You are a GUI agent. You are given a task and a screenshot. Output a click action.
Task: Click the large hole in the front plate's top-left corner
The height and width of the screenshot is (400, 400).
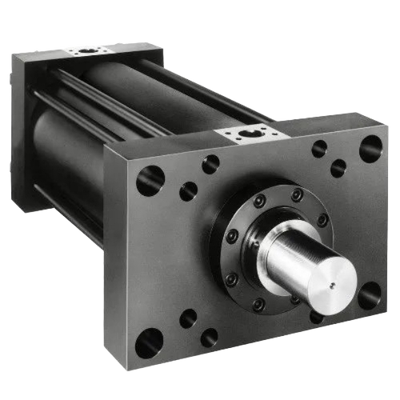[x=150, y=180]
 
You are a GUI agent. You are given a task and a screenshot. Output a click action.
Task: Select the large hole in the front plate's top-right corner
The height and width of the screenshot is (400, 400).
[x=370, y=148]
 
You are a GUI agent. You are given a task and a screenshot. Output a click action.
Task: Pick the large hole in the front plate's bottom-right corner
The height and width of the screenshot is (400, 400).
[x=369, y=296]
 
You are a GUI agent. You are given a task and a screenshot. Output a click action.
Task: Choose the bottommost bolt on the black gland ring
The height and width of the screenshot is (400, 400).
[x=258, y=304]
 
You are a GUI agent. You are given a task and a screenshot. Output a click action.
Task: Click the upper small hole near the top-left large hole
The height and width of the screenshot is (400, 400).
[x=210, y=164]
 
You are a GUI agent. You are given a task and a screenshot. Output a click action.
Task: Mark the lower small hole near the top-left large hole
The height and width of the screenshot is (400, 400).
[x=189, y=191]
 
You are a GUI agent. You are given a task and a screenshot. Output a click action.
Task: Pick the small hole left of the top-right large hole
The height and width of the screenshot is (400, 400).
[x=320, y=149]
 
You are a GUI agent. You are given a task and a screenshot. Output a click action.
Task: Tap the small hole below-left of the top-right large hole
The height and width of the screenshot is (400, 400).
[x=338, y=168]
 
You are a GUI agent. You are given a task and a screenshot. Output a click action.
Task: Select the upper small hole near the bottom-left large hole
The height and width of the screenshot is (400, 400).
[x=188, y=318]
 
